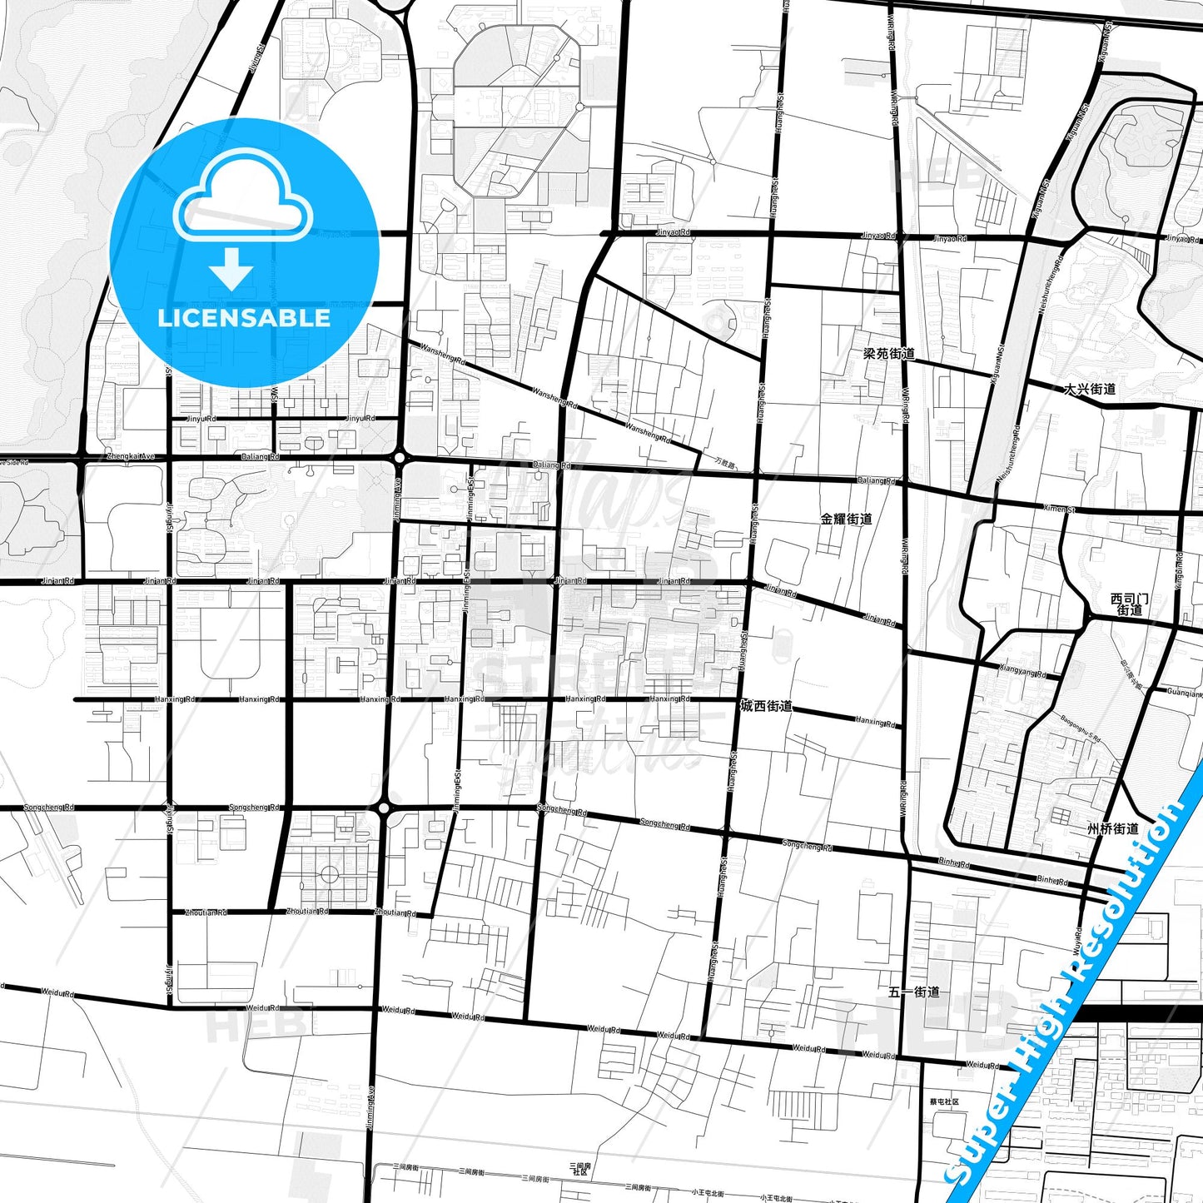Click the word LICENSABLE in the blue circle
[x=244, y=318]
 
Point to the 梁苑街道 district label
[x=888, y=354]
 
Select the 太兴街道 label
[x=1090, y=389]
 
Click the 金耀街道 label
[x=846, y=519]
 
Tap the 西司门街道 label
[x=1130, y=604]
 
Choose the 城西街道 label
[x=766, y=706]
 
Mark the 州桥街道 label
[x=1113, y=828]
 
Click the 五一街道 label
[x=914, y=992]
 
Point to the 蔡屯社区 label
[x=944, y=1101]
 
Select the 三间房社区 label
[x=579, y=1169]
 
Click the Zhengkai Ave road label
[x=131, y=456]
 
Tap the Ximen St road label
[x=1059, y=508]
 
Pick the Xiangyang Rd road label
[x=1022, y=671]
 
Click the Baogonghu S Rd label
[x=1081, y=728]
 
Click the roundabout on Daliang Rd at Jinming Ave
[x=400, y=457]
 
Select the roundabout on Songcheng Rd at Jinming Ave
[x=384, y=808]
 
